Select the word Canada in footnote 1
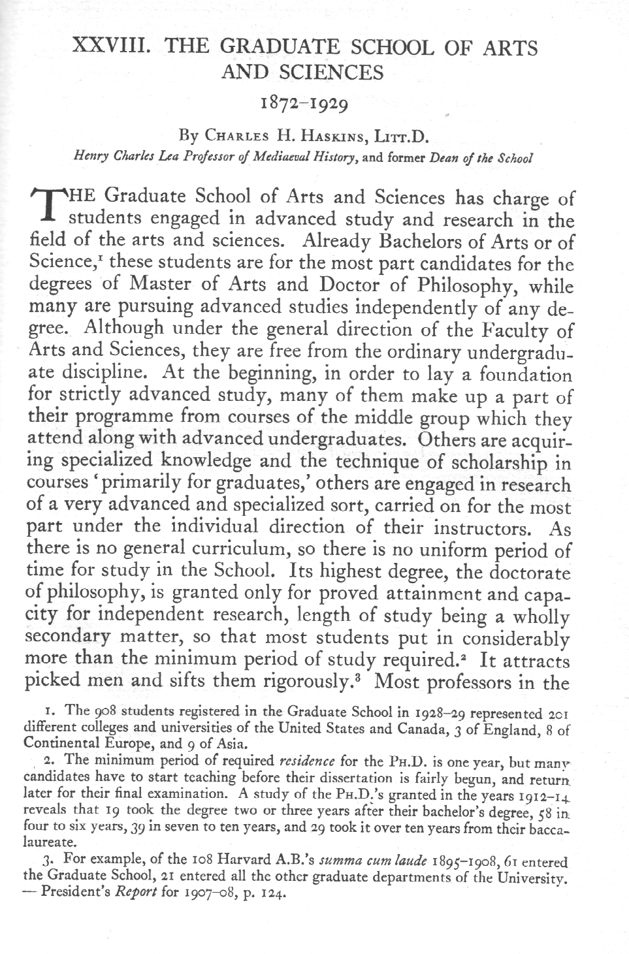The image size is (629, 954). point(424,727)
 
